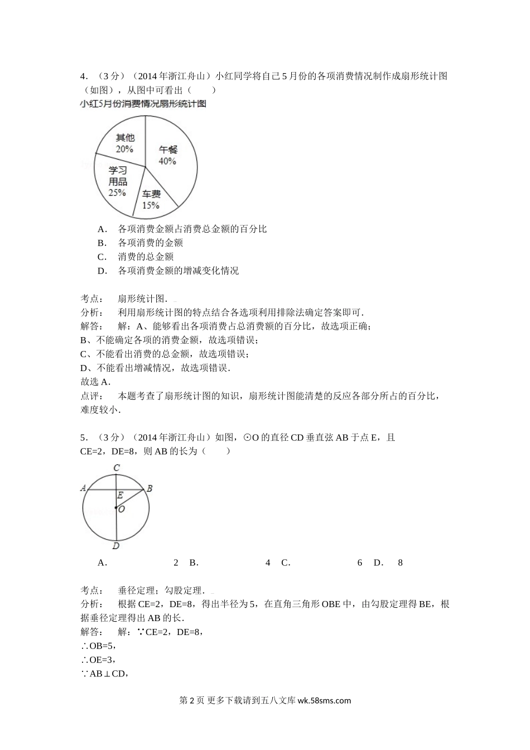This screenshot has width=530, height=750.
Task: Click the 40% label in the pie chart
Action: (167, 161)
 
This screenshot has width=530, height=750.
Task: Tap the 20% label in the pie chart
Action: (124, 149)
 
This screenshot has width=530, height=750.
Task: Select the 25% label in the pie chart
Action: (117, 193)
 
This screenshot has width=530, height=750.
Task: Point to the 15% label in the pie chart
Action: (151, 205)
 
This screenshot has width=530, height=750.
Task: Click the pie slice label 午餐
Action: (168, 150)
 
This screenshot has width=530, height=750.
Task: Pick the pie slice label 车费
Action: (151, 194)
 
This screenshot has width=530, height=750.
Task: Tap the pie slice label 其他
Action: (125, 138)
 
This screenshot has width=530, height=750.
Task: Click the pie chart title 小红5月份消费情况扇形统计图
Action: (143, 104)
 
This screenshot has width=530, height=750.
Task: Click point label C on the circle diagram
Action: (117, 468)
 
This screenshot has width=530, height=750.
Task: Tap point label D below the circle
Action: (116, 546)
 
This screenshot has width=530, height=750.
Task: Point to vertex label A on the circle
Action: (84, 488)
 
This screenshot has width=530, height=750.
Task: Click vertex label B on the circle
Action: (150, 488)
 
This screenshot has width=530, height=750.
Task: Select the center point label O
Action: (122, 509)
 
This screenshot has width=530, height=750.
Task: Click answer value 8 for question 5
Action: (400, 562)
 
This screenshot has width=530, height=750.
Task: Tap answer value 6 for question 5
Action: (360, 562)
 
